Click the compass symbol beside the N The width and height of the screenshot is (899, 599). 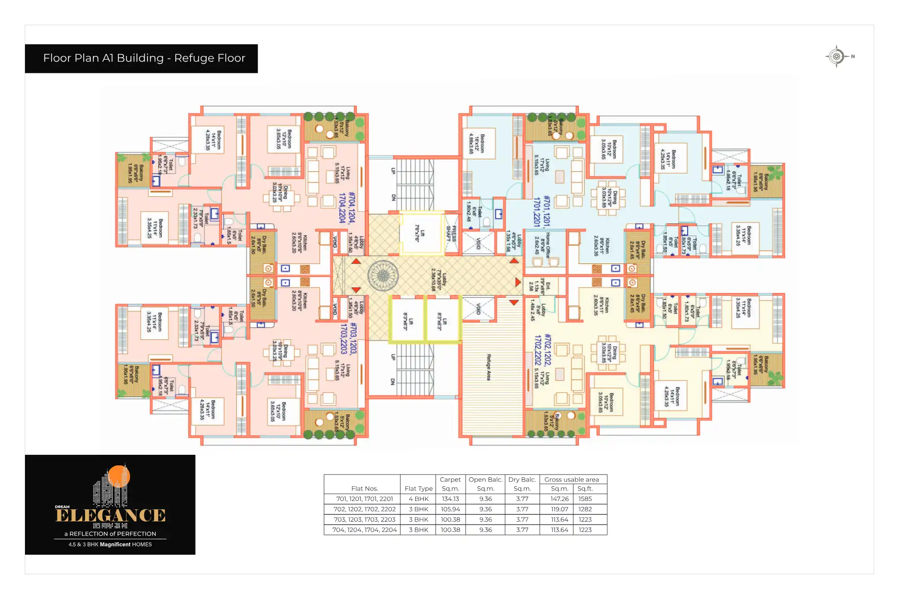[836, 56]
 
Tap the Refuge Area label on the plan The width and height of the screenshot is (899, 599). [488, 367]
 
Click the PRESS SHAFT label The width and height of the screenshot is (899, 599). [451, 234]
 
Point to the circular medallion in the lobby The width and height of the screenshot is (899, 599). [383, 276]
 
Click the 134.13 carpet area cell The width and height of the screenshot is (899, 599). [450, 499]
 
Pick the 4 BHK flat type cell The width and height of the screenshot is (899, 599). [419, 499]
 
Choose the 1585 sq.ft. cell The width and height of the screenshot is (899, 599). [585, 499]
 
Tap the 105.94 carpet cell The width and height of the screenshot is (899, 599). [450, 509]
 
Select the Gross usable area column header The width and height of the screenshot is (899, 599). [572, 480]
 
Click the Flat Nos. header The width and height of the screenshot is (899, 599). [364, 489]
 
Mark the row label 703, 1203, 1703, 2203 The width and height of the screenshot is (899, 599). [364, 520]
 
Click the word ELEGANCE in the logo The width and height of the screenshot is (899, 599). [111, 515]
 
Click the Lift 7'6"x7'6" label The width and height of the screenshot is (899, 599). [419, 233]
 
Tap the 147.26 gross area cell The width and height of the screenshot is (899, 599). [559, 499]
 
